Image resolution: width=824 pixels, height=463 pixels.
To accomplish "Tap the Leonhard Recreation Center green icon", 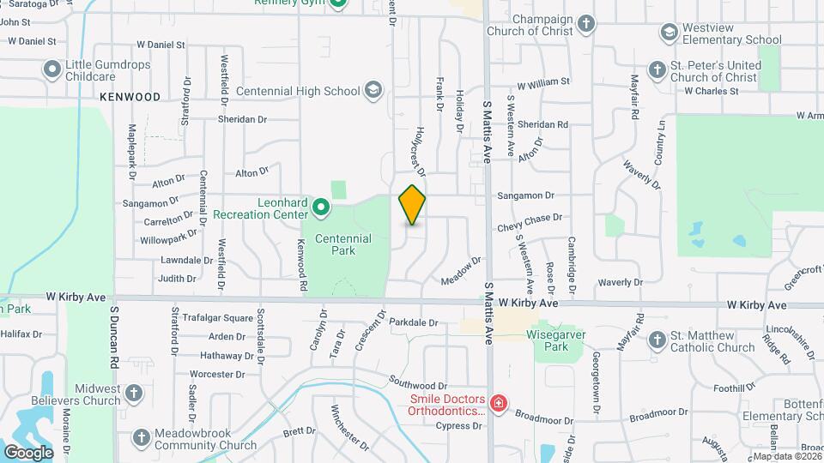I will click(321, 207).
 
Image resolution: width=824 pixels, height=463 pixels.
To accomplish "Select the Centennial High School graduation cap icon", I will click(373, 90).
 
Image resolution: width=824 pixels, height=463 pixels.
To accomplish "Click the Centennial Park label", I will click(342, 244).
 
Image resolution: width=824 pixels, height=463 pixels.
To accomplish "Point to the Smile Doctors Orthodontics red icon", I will click(498, 403).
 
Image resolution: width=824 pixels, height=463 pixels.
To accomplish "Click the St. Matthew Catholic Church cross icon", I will click(657, 340).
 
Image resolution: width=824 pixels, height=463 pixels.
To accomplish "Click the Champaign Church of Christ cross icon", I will click(586, 23).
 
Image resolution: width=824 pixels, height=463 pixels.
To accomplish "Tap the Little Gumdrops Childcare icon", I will click(53, 68).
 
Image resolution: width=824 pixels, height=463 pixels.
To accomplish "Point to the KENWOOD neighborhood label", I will click(130, 97).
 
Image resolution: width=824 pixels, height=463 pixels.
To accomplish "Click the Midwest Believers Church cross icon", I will click(133, 394).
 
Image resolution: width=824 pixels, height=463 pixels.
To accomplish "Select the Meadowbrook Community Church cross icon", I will click(142, 438).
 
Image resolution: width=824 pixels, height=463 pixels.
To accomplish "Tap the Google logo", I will click(28, 452).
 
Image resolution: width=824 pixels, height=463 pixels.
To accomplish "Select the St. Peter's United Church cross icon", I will click(657, 70).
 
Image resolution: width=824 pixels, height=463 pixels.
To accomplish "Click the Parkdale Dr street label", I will click(413, 323).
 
